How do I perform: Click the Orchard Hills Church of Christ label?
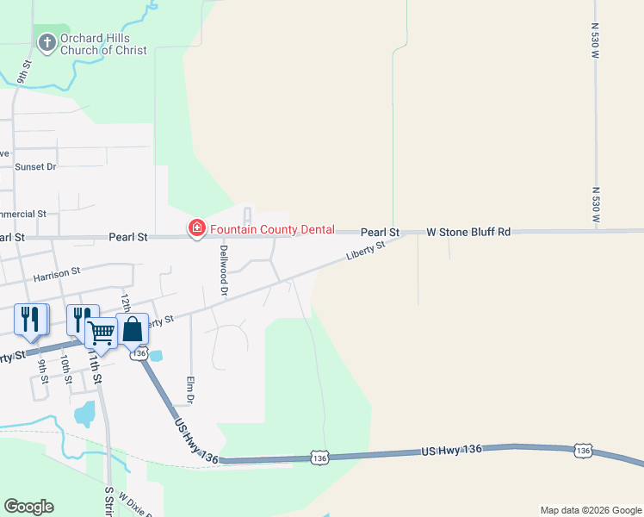(103, 45)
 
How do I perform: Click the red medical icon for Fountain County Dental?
(196, 229)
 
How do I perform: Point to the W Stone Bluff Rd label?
(468, 232)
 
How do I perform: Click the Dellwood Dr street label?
(223, 271)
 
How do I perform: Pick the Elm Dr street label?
(191, 389)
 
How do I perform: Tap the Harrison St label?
(56, 274)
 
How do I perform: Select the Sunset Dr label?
(34, 166)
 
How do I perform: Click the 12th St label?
(126, 302)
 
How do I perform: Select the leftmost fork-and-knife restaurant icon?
(28, 320)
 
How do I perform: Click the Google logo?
(28, 507)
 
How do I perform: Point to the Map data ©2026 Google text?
(591, 510)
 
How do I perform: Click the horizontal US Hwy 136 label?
(451, 450)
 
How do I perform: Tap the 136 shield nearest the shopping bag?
(138, 353)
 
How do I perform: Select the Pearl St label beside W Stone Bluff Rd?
(380, 232)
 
